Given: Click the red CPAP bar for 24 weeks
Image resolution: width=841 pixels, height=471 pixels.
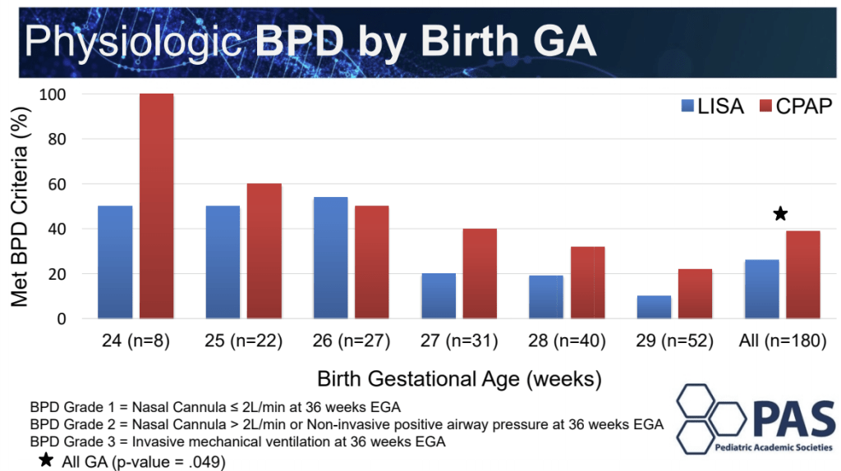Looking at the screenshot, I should click(x=156, y=205).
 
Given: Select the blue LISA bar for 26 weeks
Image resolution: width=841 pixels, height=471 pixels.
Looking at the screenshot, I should click(x=330, y=257).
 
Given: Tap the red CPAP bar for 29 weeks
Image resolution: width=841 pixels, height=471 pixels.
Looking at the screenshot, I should click(x=695, y=293).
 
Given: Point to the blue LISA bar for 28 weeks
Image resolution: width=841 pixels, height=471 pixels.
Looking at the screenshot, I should click(x=545, y=296).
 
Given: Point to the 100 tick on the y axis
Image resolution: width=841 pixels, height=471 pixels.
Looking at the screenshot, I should click(x=71, y=94).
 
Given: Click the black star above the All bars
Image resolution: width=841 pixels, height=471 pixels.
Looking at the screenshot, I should click(x=780, y=214).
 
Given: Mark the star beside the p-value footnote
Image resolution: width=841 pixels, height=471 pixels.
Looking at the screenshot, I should click(x=47, y=461).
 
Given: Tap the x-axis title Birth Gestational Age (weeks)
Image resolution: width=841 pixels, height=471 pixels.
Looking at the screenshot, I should click(x=458, y=379).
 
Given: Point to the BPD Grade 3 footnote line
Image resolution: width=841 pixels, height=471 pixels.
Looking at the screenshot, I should click(x=237, y=442).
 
